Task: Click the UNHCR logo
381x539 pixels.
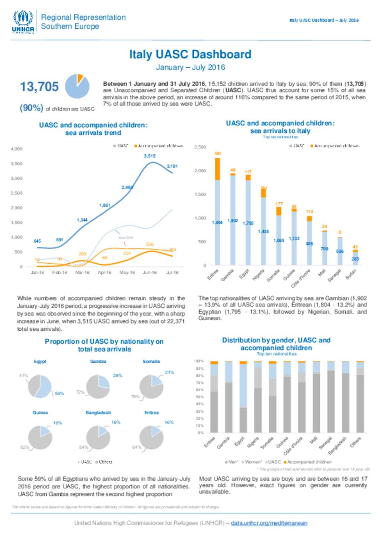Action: tap(23, 22)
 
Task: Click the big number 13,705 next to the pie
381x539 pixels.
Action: tap(39, 87)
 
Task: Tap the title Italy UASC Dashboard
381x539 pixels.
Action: tap(190, 54)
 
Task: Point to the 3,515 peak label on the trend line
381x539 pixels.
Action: tap(150, 156)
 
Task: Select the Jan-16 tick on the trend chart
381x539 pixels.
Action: tap(37, 273)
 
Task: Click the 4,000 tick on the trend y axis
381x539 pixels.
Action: tap(17, 149)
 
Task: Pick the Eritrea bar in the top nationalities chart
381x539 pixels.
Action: tap(217, 212)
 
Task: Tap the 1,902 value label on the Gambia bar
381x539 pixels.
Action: tap(233, 221)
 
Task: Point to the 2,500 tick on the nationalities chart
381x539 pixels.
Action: tap(200, 147)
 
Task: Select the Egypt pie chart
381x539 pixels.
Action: tap(40, 386)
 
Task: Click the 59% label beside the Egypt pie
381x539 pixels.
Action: tap(60, 394)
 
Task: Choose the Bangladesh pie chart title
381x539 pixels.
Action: tap(98, 413)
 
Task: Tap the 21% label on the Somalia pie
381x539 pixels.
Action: tap(169, 372)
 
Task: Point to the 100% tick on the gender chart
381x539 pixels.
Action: tap(199, 361)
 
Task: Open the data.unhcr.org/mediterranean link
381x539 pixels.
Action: tap(269, 523)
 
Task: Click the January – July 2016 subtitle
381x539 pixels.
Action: tap(190, 67)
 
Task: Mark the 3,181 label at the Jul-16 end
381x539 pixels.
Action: tap(172, 166)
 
